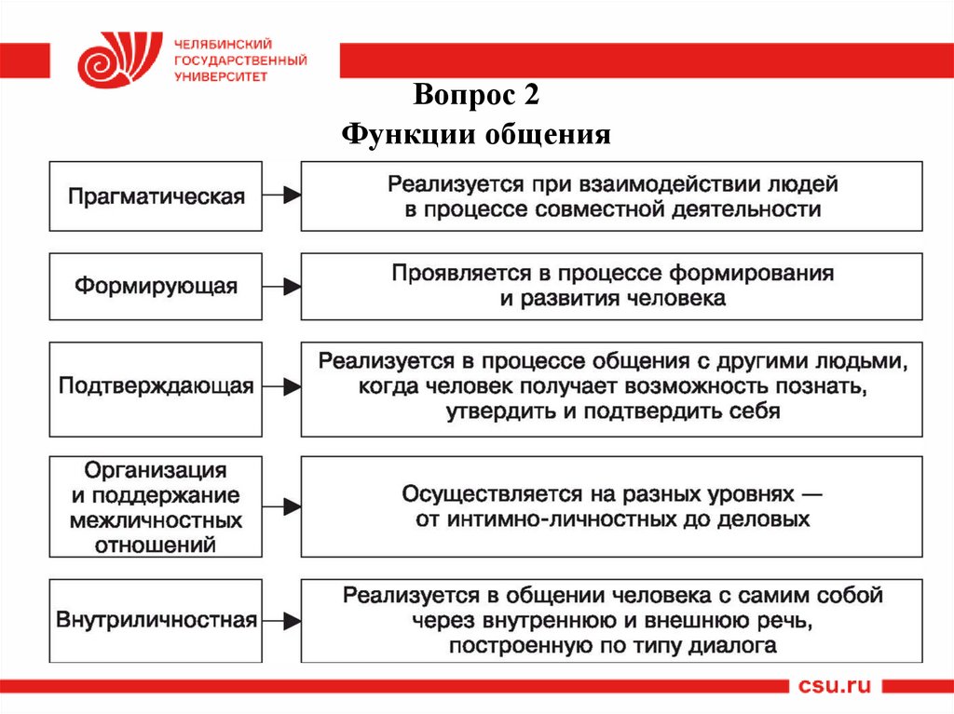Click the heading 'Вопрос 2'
(476, 98)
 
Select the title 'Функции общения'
(476, 136)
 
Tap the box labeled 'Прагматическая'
(157, 196)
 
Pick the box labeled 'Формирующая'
(157, 286)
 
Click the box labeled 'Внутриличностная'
(157, 620)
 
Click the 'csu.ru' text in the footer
(835, 686)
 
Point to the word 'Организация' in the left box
(157, 471)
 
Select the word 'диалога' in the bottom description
(733, 644)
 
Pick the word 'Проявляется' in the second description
(447, 274)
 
